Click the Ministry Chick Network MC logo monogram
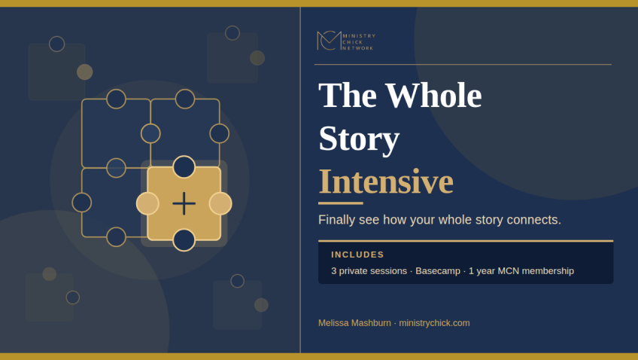coord(329,41)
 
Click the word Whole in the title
coord(433,96)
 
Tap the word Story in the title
coord(359,139)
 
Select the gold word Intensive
coord(386,182)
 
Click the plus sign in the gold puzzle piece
coord(184,203)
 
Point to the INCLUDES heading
coord(357,255)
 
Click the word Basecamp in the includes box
coord(438,271)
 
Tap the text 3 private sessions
coord(369,271)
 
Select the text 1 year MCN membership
coord(521,271)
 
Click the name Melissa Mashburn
coord(354,323)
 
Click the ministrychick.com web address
coord(434,323)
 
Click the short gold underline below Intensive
coord(341,203)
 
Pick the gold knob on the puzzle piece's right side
coord(220,203)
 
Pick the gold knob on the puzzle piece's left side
coord(147,203)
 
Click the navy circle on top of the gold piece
coord(184,167)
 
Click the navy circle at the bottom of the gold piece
coord(184,239)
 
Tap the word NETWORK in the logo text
coord(357,48)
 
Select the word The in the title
coord(348,96)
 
